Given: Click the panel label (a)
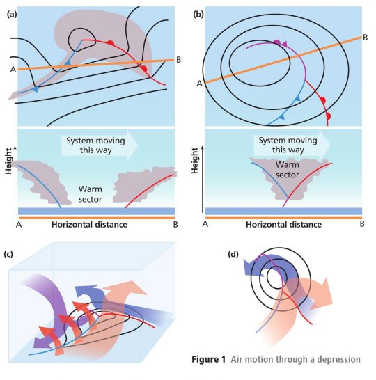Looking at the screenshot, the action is [12, 15].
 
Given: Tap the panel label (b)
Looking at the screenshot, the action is [198, 15].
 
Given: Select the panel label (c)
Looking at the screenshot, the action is [8, 254].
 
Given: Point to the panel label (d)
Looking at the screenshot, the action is [233, 254].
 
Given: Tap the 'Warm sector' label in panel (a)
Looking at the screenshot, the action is [91, 194].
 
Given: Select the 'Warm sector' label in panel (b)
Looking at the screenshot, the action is [288, 170].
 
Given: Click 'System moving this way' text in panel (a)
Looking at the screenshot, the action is [96, 145].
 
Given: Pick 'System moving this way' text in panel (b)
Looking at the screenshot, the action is [288, 145].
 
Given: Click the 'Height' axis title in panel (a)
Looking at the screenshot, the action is [8, 161].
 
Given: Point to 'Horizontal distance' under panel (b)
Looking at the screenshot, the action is [283, 225].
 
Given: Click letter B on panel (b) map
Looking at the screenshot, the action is [365, 38].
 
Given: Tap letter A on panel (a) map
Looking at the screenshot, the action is [13, 70].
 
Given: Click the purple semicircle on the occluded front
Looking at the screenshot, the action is [277, 42].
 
